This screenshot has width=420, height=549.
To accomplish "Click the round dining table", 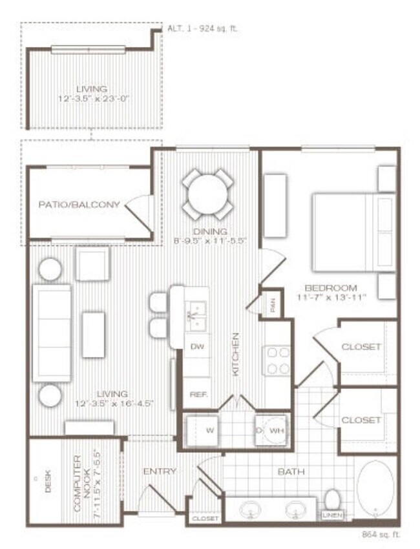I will (x=207, y=192).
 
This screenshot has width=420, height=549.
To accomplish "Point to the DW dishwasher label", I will (x=198, y=347).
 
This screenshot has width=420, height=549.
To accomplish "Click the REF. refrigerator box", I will (x=197, y=393).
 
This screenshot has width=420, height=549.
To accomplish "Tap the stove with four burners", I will (x=278, y=361).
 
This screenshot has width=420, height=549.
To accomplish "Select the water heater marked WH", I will (x=271, y=429).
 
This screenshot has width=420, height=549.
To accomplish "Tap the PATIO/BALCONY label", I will (x=79, y=205).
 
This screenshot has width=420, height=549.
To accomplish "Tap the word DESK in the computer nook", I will (x=47, y=484).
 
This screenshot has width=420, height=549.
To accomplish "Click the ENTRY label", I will (x=160, y=471).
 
